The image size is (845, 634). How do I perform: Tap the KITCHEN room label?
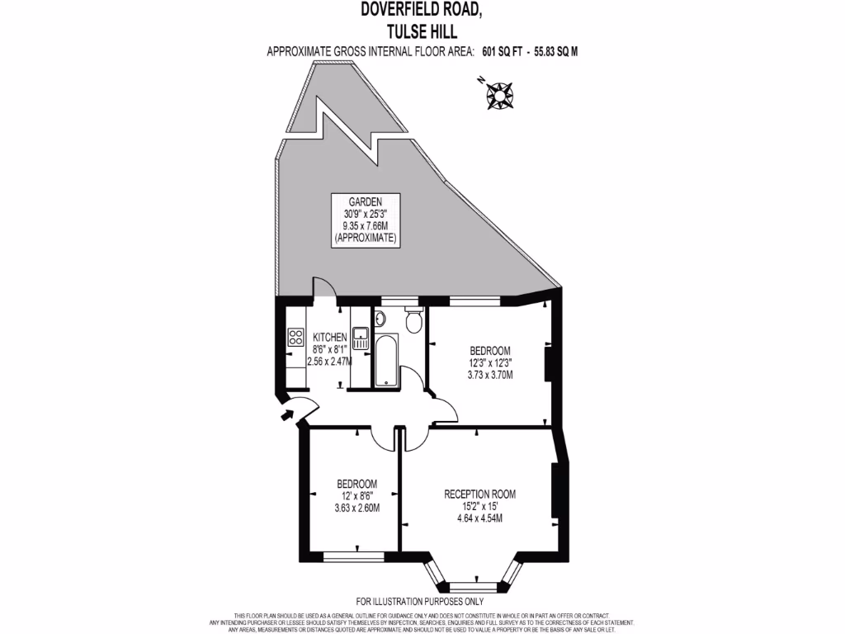coord(329,337)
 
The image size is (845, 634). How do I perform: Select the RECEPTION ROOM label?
coord(479,494)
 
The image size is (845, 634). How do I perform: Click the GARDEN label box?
coord(365,219)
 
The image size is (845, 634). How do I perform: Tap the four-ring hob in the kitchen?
coord(295,337)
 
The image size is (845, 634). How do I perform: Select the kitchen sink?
coord(361,337)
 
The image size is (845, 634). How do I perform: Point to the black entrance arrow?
coord(290,414)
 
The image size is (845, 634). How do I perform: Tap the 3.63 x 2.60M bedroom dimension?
coord(356,508)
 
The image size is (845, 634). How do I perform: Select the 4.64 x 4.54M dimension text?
coord(479,518)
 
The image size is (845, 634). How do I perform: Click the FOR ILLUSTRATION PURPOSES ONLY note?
coord(420,601)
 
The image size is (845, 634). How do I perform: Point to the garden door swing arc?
coord(325,289)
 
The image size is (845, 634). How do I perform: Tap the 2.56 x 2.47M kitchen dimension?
coord(329,361)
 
